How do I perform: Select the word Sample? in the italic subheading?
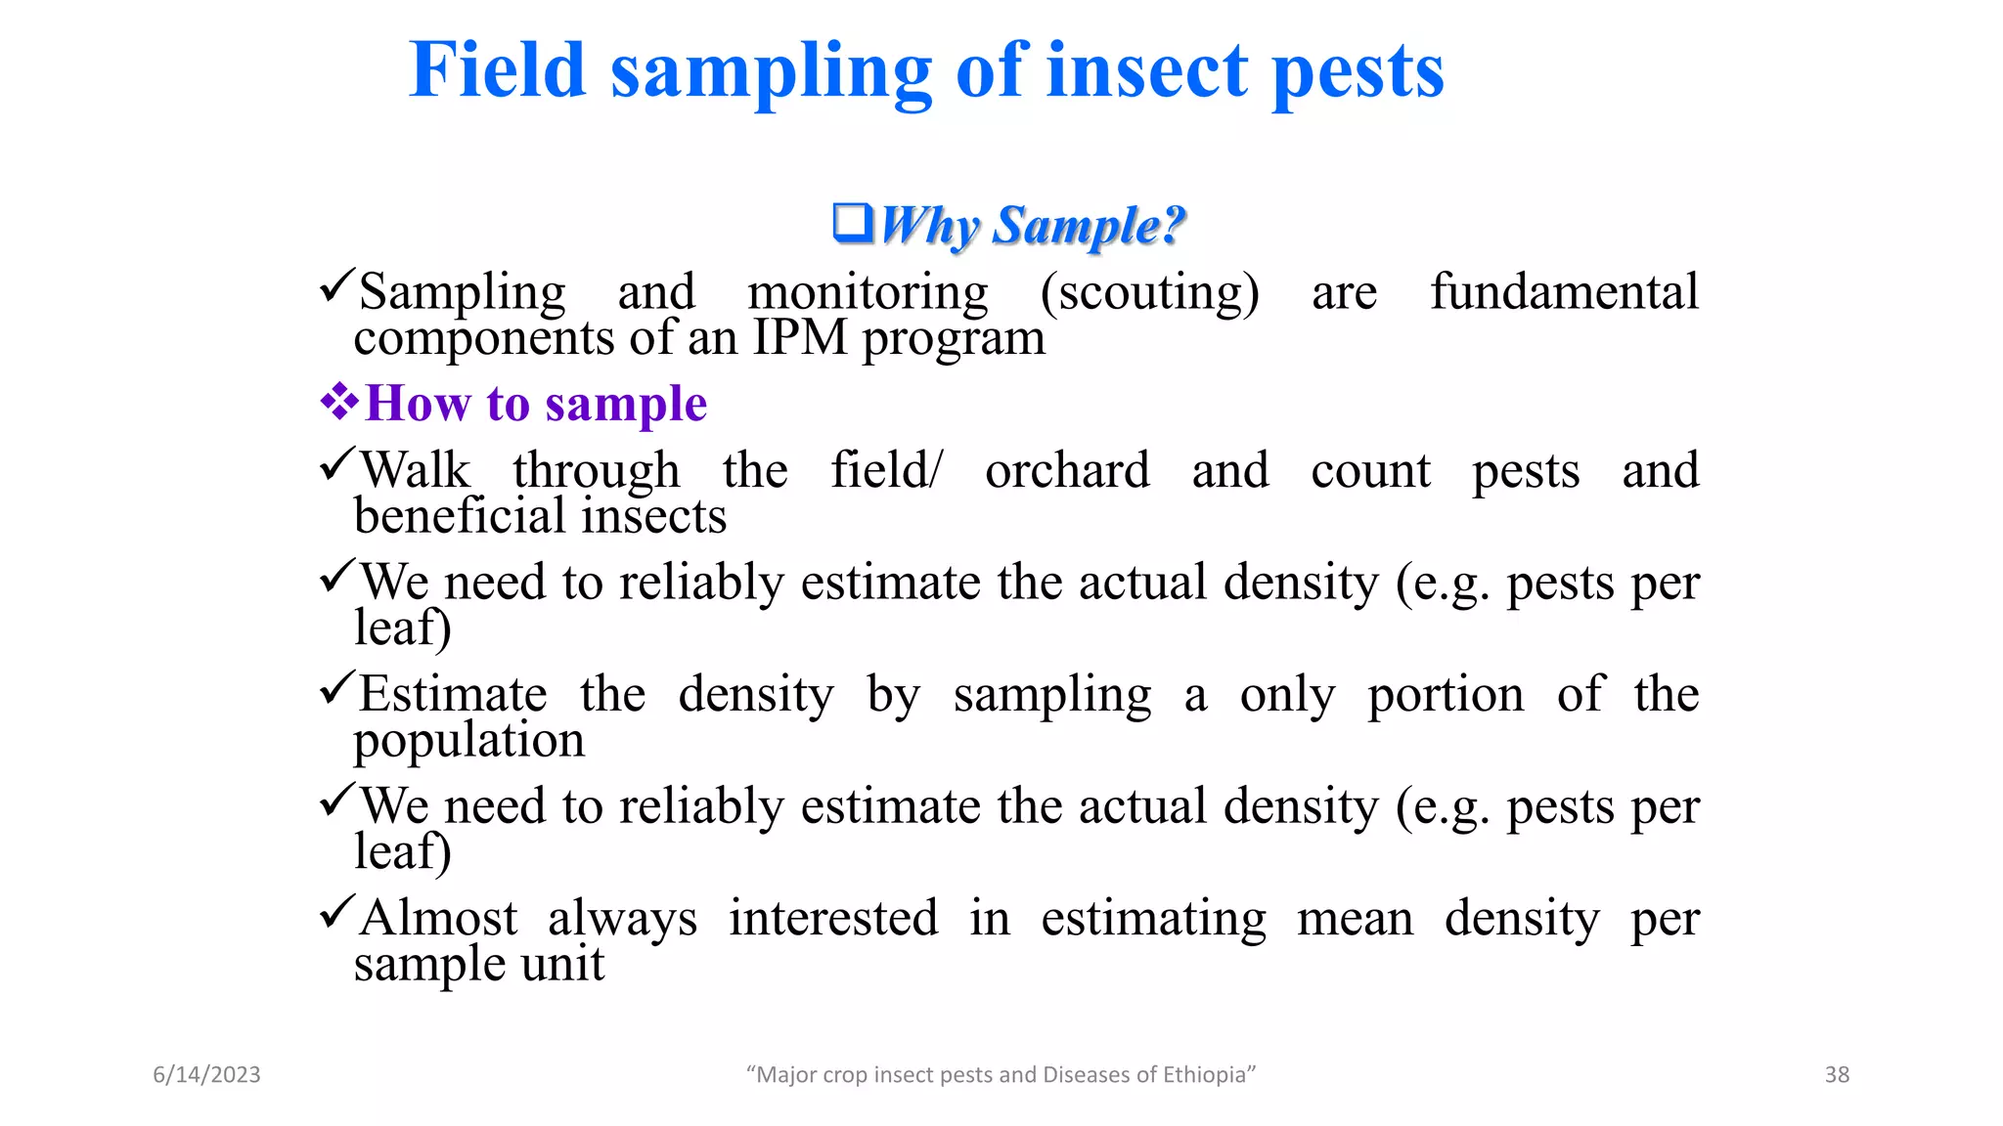point(1089,226)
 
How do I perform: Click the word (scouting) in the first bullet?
point(1149,292)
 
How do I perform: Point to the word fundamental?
point(1564,292)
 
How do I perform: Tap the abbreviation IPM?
point(799,338)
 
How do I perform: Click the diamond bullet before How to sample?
point(339,402)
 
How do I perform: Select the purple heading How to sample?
point(536,404)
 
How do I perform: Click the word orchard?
point(1066,471)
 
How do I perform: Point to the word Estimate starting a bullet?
point(453,695)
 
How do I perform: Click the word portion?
point(1445,695)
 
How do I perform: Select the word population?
point(468,741)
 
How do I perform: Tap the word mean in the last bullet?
point(1355,919)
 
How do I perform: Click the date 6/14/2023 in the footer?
point(206,1074)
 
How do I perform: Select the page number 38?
point(1837,1074)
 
